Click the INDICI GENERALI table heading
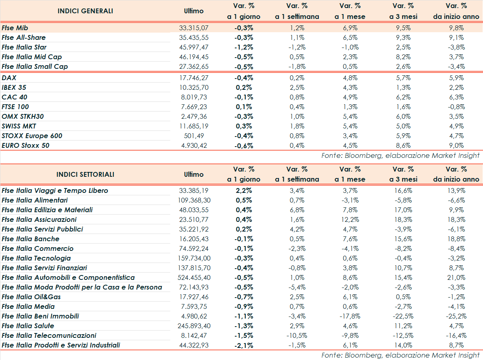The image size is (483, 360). pos(85,11)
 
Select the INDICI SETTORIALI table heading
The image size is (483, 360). pos(85,174)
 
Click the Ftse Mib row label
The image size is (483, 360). pos(14,28)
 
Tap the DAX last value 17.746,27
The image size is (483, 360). pos(194,78)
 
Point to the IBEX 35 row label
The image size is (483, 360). pos(14,87)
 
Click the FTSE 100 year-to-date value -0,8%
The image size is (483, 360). pos(456,107)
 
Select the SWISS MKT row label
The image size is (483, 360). pos(19,126)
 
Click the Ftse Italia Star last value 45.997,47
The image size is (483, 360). pos(194,47)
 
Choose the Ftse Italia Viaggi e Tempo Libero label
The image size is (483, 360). pos(55,190)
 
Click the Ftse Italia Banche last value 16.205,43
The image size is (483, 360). pos(194,239)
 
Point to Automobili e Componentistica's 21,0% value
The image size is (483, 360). pos(456,277)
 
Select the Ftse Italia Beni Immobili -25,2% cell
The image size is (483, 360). pos(456,316)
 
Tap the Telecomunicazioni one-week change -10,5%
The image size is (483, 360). pos(297,335)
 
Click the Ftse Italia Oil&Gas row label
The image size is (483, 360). pos(31,297)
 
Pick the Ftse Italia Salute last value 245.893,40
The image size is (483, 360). pos(194,326)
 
